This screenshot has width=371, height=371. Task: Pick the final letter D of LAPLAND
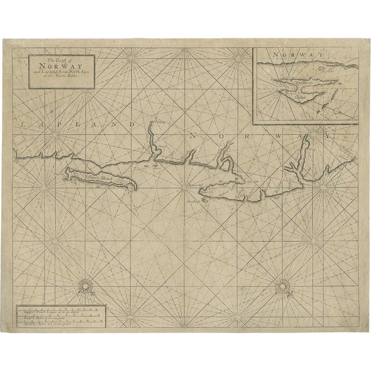point(136,123)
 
